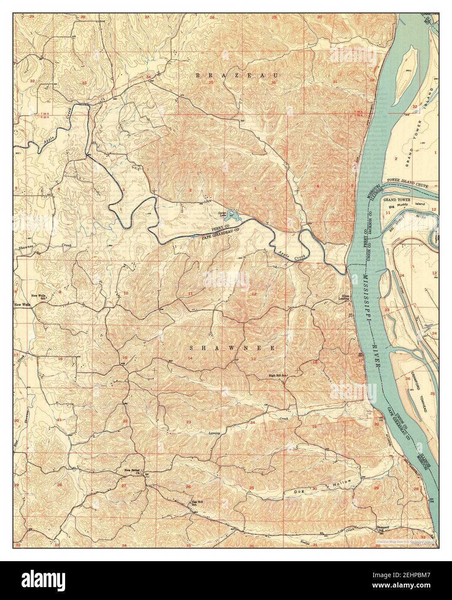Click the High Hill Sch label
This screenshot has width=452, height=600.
coord(278,376)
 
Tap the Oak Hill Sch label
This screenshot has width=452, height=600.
coord(197,503)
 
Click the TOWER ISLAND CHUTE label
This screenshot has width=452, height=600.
coord(412,180)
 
